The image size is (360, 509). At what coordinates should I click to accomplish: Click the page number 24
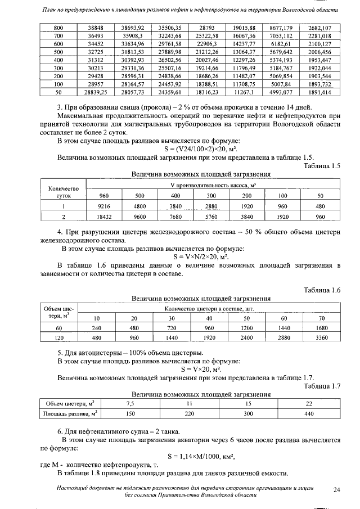point(336,490)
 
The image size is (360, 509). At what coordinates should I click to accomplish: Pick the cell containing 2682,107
point(319,28)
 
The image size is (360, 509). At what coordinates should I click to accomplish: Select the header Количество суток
point(64,192)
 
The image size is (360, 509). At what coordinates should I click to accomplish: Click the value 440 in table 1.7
point(308,414)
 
